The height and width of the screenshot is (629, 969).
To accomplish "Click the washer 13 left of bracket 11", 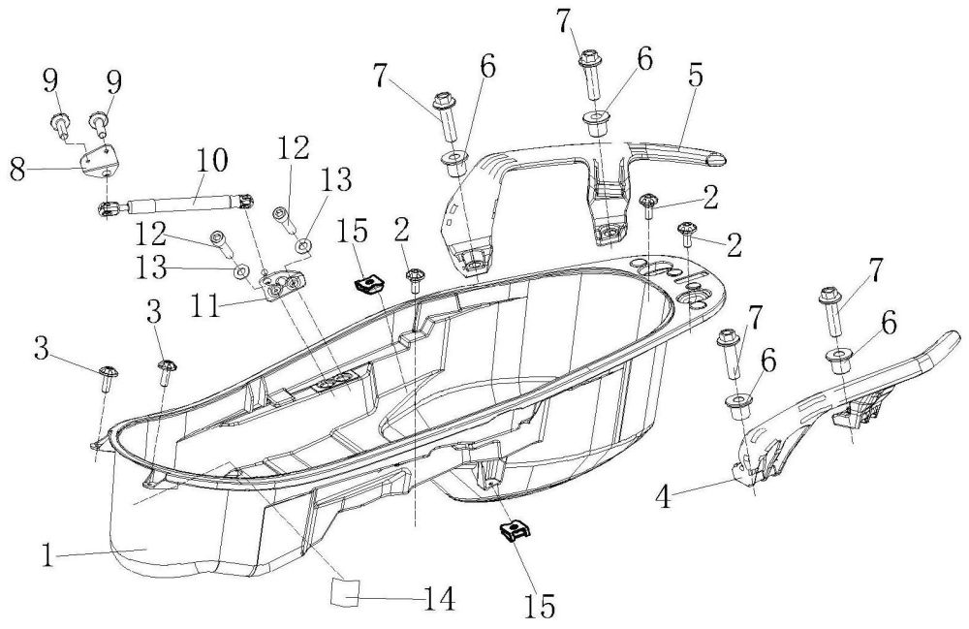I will tap(240, 268).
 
